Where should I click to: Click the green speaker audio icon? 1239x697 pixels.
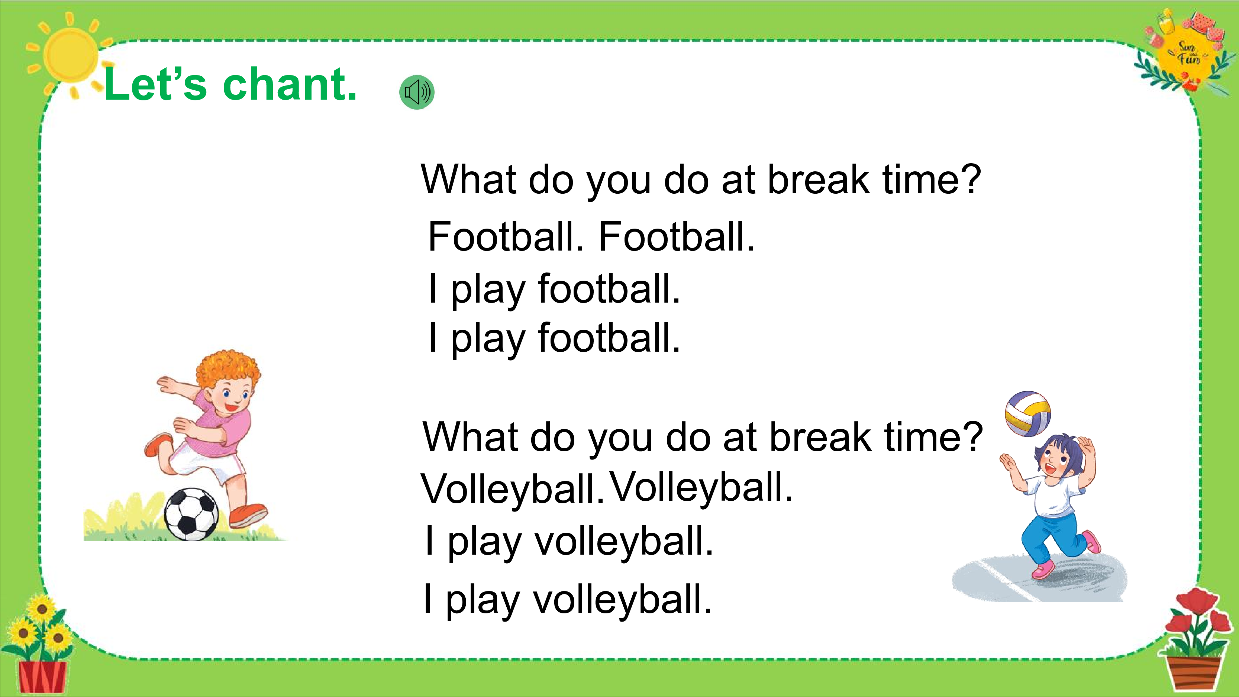coord(417,92)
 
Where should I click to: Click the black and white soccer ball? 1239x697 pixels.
coord(191,514)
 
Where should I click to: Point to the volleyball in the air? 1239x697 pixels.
coord(1028,413)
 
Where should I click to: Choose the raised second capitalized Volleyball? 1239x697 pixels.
coord(701,487)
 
